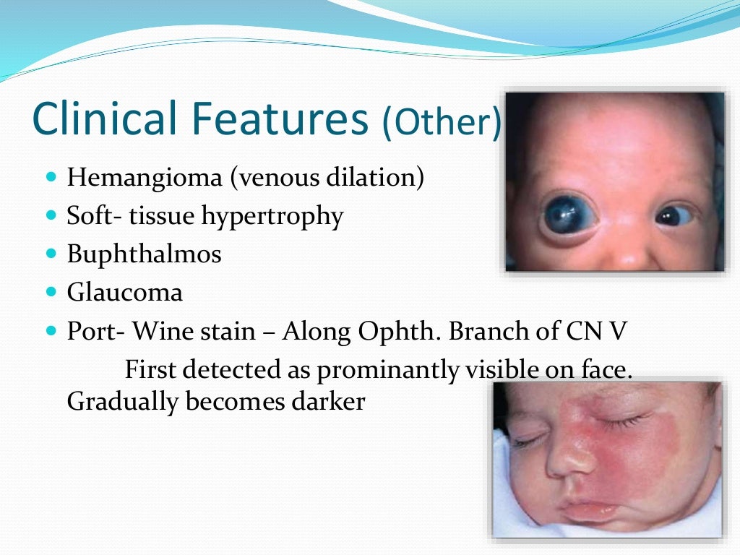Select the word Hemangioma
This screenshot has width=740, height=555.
coord(145,178)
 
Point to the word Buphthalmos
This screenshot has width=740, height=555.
coord(144,254)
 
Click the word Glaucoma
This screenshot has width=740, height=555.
coord(124,293)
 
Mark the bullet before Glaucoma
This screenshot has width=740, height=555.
coord(50,293)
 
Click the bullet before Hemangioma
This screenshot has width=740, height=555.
coord(50,178)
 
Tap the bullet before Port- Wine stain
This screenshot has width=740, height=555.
coord(50,331)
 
